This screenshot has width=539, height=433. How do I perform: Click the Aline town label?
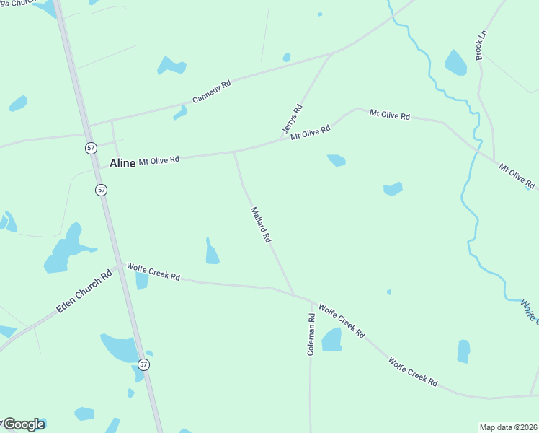pyautogui.click(x=122, y=164)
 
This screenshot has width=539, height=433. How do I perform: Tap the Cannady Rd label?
pyautogui.click(x=211, y=92)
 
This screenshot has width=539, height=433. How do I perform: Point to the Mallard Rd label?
pyautogui.click(x=260, y=224)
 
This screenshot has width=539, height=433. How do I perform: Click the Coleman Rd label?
pyautogui.click(x=311, y=333)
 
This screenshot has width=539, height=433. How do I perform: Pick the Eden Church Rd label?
pyautogui.click(x=85, y=292)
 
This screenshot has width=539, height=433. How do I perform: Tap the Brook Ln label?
pyautogui.click(x=481, y=45)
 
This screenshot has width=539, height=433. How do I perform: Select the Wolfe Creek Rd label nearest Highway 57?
pyautogui.click(x=153, y=271)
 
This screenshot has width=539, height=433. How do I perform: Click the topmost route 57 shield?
pyautogui.click(x=90, y=147)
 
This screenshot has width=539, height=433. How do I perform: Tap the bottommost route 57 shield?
pyautogui.click(x=145, y=365)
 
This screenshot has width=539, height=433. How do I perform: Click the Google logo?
pyautogui.click(x=24, y=424)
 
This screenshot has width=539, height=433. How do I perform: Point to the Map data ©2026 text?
pyautogui.click(x=508, y=427)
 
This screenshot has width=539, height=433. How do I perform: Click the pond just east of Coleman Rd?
pyautogui.click(x=331, y=339)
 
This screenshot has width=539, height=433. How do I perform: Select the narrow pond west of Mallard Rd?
pyautogui.click(x=211, y=252)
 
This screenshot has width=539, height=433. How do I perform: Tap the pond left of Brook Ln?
pyautogui.click(x=455, y=64)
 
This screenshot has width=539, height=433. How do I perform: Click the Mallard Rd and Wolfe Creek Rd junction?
pyautogui.click(x=294, y=294)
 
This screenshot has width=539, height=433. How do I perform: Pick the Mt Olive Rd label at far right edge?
pyautogui.click(x=518, y=177)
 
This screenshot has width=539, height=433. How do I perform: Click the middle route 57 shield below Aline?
pyautogui.click(x=102, y=190)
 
